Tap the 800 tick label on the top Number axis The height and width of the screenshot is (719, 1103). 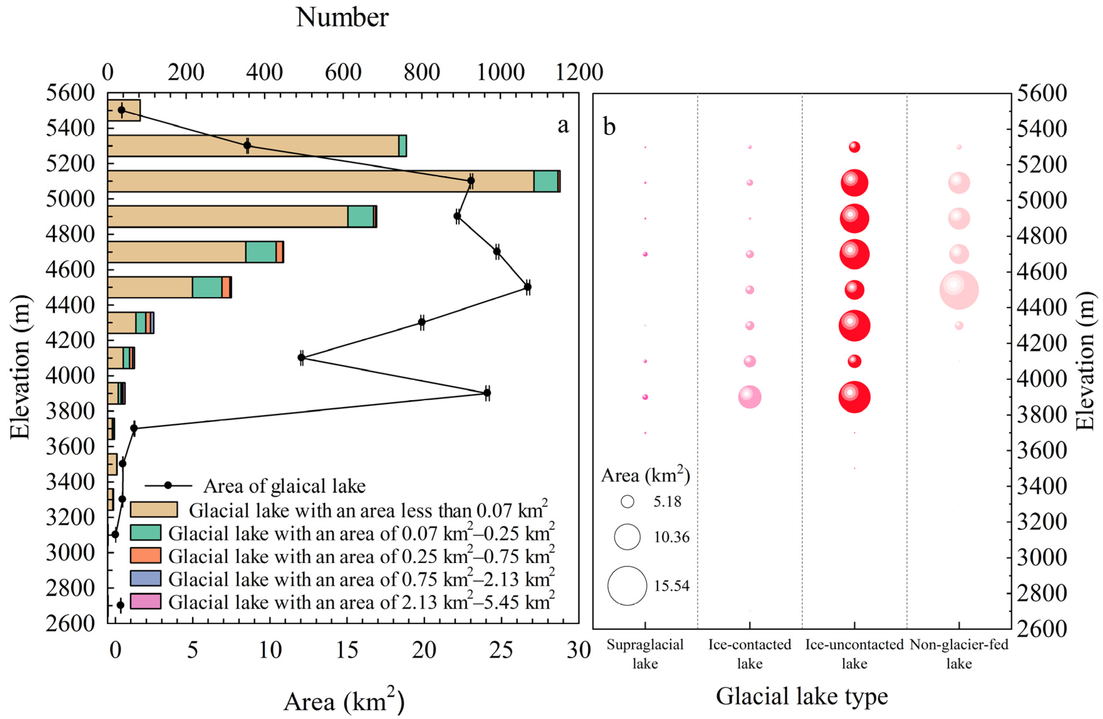point(421,72)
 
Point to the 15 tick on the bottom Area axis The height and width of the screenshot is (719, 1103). point(347,650)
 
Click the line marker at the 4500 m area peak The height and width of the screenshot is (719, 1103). point(527,287)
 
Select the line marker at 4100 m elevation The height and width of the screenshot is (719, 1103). point(301,357)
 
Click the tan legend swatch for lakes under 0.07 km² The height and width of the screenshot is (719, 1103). point(153,509)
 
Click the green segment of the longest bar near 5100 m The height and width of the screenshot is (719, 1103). point(546,181)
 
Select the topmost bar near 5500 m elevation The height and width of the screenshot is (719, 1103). point(124,110)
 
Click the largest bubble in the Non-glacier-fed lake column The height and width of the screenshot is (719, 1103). point(959,290)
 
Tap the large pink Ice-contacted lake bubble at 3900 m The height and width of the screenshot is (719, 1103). point(749,397)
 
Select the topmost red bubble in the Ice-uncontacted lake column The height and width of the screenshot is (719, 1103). point(854,147)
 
